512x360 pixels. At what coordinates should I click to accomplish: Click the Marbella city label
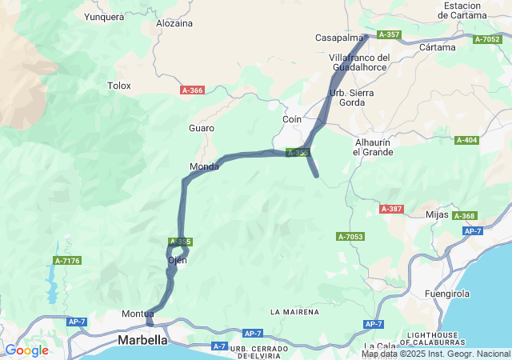tap(143, 340)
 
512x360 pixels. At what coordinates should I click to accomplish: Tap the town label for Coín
tap(291, 119)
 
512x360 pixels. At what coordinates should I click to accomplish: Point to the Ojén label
tap(177, 260)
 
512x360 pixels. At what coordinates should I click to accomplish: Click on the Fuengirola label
tap(451, 294)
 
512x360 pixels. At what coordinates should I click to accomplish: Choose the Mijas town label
tap(437, 214)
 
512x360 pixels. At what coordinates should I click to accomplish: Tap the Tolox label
tap(118, 85)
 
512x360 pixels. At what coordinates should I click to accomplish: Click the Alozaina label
tap(174, 23)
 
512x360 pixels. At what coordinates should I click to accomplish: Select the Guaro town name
tap(201, 128)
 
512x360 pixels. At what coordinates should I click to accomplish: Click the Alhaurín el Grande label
tap(374, 146)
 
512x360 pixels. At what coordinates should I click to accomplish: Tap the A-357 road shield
tap(390, 34)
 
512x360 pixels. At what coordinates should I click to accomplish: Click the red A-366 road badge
tap(192, 90)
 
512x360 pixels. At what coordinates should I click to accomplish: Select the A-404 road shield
tap(466, 141)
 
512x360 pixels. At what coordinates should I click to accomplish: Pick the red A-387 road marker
tap(391, 209)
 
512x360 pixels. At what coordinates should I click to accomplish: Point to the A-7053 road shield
tap(350, 237)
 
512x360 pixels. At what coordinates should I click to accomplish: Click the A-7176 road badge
tap(67, 261)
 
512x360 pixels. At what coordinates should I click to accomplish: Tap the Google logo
tap(26, 350)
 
